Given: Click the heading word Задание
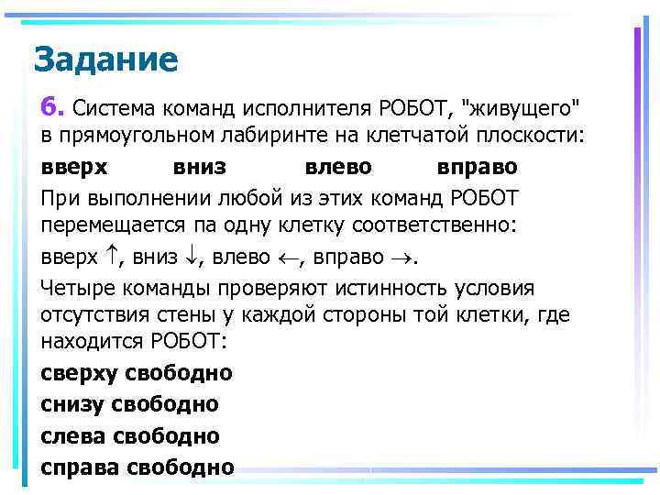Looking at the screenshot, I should (105, 60).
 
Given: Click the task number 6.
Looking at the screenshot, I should (50, 107).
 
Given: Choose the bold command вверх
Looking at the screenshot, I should (74, 168).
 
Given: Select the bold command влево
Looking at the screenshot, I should (337, 168).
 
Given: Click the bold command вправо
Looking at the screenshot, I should (477, 168).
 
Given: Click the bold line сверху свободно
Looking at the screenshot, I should (137, 373).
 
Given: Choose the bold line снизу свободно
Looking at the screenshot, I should (130, 404).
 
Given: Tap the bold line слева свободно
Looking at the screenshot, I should (130, 435).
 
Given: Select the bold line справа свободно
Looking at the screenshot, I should (137, 467).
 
